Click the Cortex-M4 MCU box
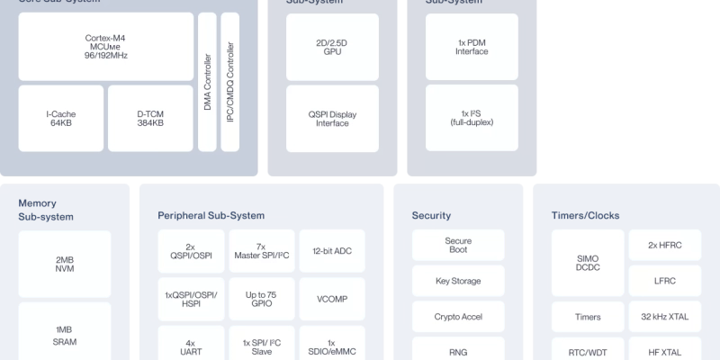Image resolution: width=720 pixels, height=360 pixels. pyautogui.click(x=105, y=46)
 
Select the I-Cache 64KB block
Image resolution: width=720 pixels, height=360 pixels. pyautogui.click(x=60, y=118)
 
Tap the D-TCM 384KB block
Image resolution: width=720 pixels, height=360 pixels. pyautogui.click(x=150, y=118)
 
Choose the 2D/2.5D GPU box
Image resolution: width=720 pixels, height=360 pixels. pyautogui.click(x=332, y=46)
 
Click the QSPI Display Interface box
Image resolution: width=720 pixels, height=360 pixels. pyautogui.click(x=332, y=118)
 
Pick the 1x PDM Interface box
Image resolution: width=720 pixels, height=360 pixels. pyautogui.click(x=471, y=46)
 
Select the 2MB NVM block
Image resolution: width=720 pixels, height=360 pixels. pyautogui.click(x=65, y=265)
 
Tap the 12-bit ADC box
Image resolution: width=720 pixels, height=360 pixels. pyautogui.click(x=332, y=251)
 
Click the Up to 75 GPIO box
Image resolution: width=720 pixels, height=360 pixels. pyautogui.click(x=261, y=300)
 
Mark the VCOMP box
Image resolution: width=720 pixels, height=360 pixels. pyautogui.click(x=332, y=300)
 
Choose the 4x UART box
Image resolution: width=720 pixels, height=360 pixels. pyautogui.click(x=190, y=346)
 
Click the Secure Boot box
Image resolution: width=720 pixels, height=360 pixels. pyautogui.click(x=458, y=246)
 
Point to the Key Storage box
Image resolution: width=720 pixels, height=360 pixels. pyautogui.click(x=458, y=281)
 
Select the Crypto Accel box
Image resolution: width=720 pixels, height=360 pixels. pyautogui.click(x=458, y=317)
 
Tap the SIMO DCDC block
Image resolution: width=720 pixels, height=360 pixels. pyautogui.click(x=588, y=264)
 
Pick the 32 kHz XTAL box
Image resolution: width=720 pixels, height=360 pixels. pyautogui.click(x=664, y=317)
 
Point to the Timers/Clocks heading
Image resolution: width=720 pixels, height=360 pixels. pyautogui.click(x=585, y=216)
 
